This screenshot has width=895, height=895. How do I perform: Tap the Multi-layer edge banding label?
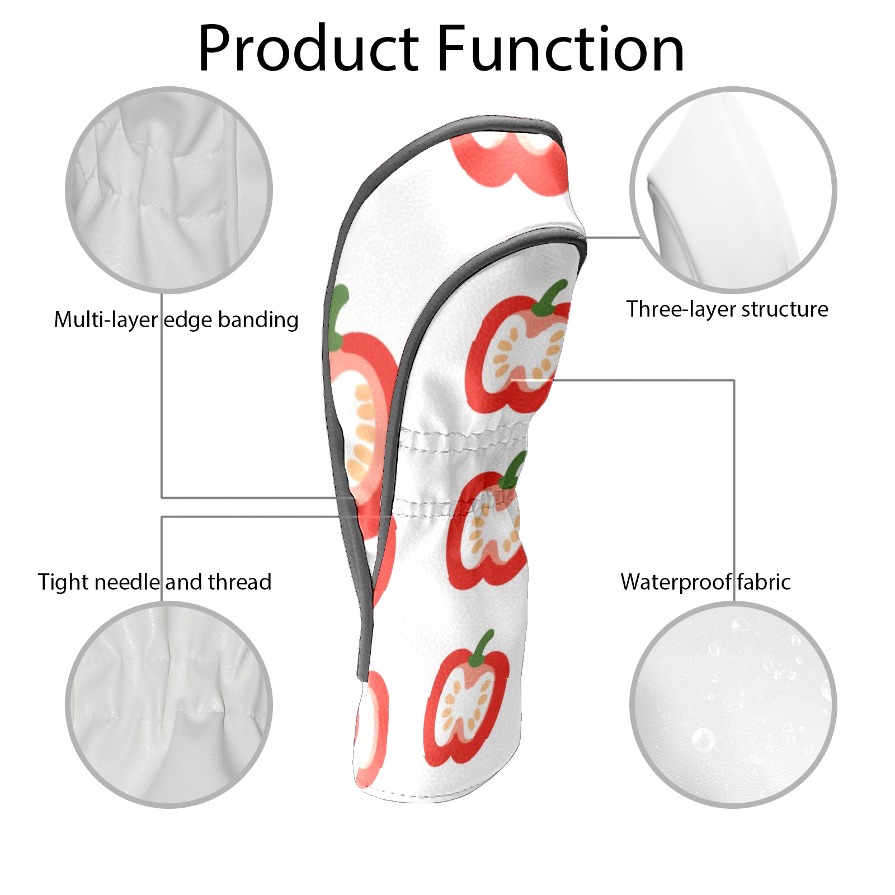click(x=176, y=320)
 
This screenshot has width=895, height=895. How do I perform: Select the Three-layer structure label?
click(x=727, y=309)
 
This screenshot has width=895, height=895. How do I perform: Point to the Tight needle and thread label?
click(x=154, y=582)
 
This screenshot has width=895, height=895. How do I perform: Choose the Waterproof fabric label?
click(x=705, y=582)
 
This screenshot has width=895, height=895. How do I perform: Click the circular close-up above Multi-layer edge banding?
click(x=169, y=190)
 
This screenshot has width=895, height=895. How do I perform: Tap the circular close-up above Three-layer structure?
click(x=733, y=190)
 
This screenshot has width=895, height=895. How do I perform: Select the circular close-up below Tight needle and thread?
click(x=169, y=704)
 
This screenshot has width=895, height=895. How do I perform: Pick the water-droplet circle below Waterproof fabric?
click(x=733, y=704)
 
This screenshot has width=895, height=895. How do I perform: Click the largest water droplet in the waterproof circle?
click(x=703, y=739)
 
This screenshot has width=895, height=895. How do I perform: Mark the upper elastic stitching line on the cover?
click(x=464, y=434)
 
